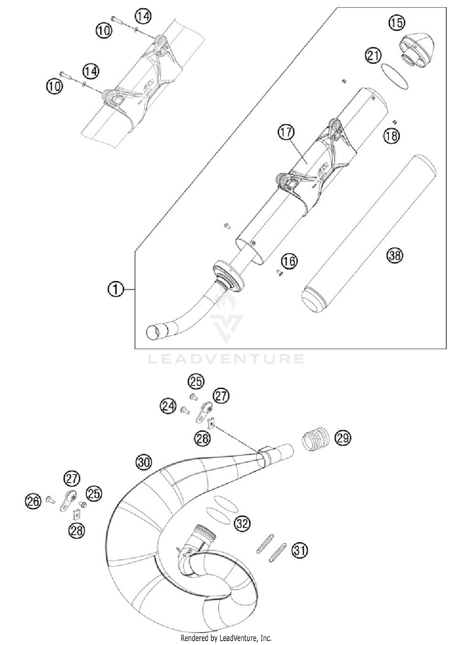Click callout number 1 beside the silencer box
(116, 290)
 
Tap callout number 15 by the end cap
(397, 23)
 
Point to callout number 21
(373, 55)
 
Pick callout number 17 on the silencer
(286, 132)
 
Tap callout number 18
(391, 136)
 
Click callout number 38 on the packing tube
(395, 255)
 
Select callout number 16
(289, 261)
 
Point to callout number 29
(343, 438)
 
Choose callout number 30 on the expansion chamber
(144, 462)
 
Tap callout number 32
(242, 523)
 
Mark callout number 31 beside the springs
(299, 550)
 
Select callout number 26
(33, 501)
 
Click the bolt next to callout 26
(50, 500)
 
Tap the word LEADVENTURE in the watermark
(226, 359)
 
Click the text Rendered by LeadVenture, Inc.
(226, 638)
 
